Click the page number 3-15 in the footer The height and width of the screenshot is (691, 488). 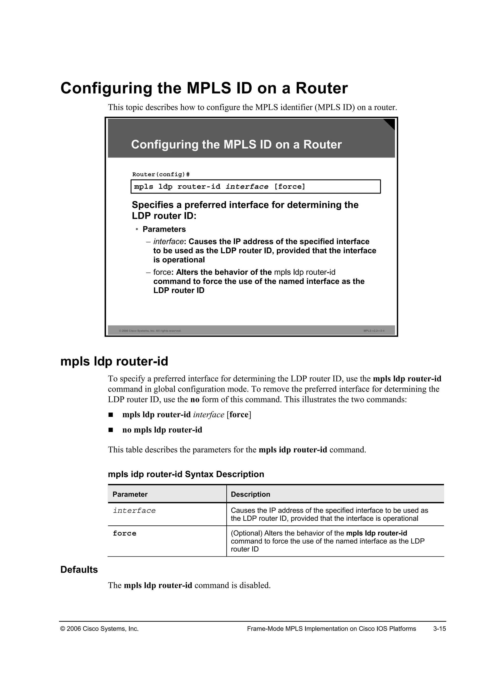(x=439, y=629)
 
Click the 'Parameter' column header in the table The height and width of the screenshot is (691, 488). (x=130, y=494)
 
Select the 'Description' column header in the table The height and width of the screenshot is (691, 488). (x=250, y=494)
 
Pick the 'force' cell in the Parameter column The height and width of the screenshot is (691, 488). (x=124, y=534)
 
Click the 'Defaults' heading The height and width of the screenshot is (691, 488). (x=79, y=570)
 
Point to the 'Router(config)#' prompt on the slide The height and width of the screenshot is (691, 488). (x=161, y=175)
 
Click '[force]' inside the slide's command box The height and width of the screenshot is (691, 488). (x=290, y=187)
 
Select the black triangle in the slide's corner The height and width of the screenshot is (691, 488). (x=390, y=123)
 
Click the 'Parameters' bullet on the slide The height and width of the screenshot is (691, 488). (x=164, y=229)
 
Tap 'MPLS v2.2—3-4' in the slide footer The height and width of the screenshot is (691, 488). (x=374, y=331)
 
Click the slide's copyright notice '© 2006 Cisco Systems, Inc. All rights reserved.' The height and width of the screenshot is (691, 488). (x=150, y=331)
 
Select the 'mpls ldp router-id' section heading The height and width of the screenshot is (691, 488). (x=114, y=361)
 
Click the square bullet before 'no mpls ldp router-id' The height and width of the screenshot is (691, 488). (x=111, y=430)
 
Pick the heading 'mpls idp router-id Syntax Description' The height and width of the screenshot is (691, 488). (x=186, y=474)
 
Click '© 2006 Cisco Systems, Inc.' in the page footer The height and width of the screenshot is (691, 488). (x=99, y=629)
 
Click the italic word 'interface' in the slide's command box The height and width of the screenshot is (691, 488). (x=247, y=187)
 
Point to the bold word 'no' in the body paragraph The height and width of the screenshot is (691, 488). (x=195, y=400)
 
